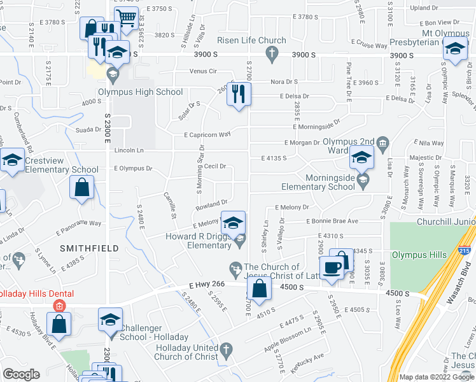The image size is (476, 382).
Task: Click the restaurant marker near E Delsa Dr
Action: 239,95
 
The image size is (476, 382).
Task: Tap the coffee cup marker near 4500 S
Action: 332,267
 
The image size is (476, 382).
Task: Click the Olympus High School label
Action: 141,92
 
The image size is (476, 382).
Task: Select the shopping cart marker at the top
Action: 127,18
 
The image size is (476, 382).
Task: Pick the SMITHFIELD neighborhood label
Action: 89,247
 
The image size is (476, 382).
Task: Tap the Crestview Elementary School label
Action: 62,170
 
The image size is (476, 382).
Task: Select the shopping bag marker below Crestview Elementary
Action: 82,188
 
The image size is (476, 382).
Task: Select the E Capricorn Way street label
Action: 207,135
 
